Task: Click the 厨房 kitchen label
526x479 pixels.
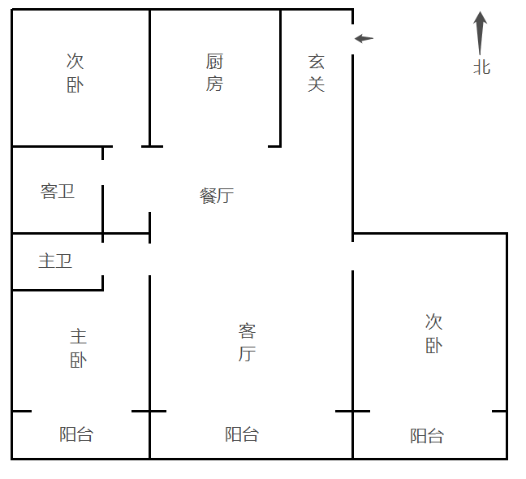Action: point(214,72)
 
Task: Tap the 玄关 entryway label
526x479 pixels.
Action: point(317,73)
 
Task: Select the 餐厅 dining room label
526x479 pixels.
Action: point(217,196)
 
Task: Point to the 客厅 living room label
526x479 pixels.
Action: point(248,342)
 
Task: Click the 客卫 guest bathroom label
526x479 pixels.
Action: point(58,192)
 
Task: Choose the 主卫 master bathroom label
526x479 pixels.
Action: point(55,261)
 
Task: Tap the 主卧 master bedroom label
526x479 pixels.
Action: point(79,348)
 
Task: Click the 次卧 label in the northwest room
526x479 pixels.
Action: point(75,73)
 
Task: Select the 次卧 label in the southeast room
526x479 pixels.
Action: point(433,334)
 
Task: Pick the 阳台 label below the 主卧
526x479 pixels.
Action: point(76,434)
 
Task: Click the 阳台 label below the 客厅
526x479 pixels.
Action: point(242,434)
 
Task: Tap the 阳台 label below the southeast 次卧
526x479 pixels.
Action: point(427,436)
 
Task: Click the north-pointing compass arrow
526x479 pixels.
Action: point(480,32)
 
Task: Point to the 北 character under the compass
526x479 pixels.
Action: point(481,67)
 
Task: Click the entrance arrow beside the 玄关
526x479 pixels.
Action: point(364,39)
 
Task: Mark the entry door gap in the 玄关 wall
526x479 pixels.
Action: point(352,39)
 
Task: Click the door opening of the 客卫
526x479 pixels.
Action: point(102,172)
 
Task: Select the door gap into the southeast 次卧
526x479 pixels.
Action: point(352,256)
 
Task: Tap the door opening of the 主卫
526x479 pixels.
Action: point(102,259)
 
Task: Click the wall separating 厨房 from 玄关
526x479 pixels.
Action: point(280,78)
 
